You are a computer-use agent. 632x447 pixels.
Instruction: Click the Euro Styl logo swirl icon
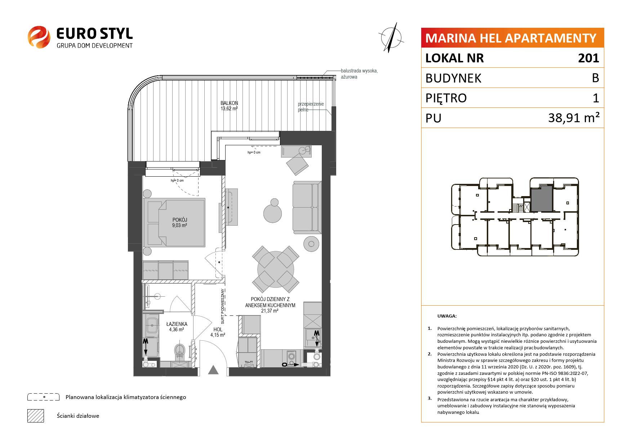coord(39,36)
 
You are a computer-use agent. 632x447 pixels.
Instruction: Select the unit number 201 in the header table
coord(588,58)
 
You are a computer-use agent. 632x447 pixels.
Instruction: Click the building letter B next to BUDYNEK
coord(595,78)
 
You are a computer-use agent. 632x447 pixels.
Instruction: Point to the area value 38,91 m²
coord(574,118)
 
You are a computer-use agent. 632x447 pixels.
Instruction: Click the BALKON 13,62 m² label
coord(229,105)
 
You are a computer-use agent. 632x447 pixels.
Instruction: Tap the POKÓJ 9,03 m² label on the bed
coord(179,222)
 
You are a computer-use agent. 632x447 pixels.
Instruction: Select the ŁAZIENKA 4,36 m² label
coord(177,327)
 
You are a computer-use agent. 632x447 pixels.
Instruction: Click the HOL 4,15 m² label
coord(218,332)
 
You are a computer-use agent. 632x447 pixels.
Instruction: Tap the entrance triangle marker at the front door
coord(213,370)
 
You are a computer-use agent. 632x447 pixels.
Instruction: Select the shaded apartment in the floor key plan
coord(542,199)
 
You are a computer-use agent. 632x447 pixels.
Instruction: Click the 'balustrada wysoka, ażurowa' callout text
coord(359,74)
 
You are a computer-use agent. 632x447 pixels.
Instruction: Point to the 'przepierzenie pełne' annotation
coord(311,107)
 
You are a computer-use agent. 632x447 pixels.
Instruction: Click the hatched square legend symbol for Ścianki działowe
coord(36,416)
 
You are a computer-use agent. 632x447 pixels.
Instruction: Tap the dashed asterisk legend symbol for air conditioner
coord(43,397)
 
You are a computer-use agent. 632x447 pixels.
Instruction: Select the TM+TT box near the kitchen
coord(248,363)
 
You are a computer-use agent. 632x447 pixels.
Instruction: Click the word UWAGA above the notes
coord(447,316)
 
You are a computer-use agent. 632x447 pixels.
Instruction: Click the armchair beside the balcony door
coord(297,164)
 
